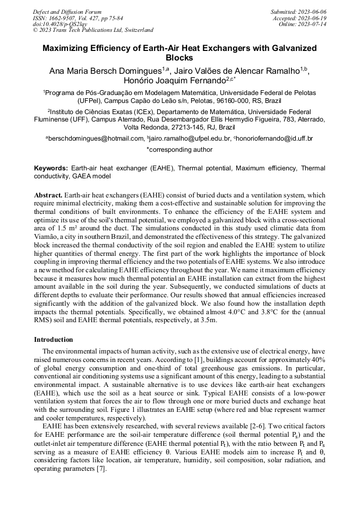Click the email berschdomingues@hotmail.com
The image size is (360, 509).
pyautogui.click(x=97, y=139)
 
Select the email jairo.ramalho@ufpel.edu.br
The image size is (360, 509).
pyautogui.click(x=191, y=139)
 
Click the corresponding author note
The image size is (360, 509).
pyautogui.click(x=179, y=150)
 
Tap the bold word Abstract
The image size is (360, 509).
pyautogui.click(x=48, y=196)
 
